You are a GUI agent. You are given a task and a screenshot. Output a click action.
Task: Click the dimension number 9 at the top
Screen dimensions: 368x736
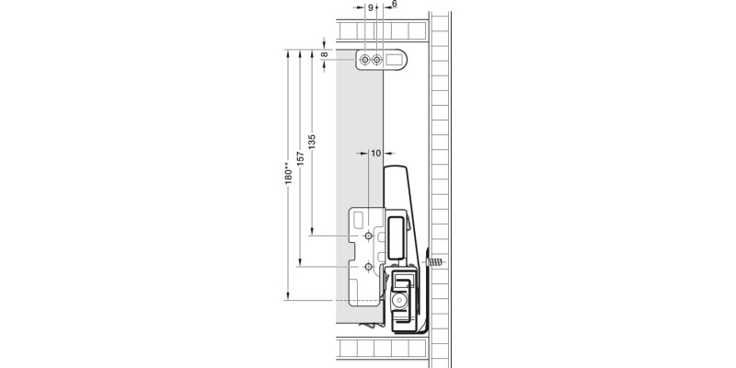pos(371,6)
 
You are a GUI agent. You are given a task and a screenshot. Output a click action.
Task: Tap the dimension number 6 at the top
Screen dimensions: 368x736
pos(394,5)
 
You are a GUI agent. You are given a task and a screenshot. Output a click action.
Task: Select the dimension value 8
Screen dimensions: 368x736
pos(325,54)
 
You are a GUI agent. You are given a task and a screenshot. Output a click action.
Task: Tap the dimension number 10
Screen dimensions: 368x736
pos(375,154)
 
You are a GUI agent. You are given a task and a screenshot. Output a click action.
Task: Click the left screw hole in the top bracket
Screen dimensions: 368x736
pos(366,60)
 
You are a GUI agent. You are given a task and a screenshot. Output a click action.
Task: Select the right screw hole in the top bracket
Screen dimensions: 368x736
pos(377,60)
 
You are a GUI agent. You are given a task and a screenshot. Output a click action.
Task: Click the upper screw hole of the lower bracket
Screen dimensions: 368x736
pos(368,236)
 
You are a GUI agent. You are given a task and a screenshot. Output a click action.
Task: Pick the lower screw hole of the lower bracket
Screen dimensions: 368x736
pos(368,267)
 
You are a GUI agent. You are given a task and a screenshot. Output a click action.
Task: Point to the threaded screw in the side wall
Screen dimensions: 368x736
pos(438,261)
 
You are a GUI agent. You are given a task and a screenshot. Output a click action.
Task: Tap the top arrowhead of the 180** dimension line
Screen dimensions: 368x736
pos(288,52)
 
